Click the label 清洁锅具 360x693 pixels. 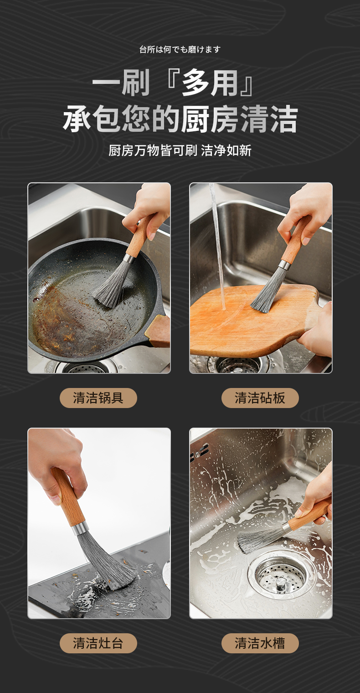pyautogui.click(x=98, y=398)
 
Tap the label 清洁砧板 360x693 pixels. pyautogui.click(x=260, y=398)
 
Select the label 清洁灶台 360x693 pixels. pyautogui.click(x=98, y=643)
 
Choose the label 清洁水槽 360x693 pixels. pyautogui.click(x=260, y=643)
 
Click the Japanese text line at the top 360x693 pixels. pyautogui.click(x=180, y=50)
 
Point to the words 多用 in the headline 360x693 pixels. pyautogui.click(x=210, y=83)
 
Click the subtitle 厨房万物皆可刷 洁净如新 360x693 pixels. pyautogui.click(x=180, y=150)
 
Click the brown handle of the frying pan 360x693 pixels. pyautogui.click(x=158, y=331)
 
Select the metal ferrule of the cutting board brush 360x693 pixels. pyautogui.click(x=283, y=264)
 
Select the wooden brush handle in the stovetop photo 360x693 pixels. pyautogui.click(x=69, y=497)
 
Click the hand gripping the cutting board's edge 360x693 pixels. pyautogui.click(x=315, y=332)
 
